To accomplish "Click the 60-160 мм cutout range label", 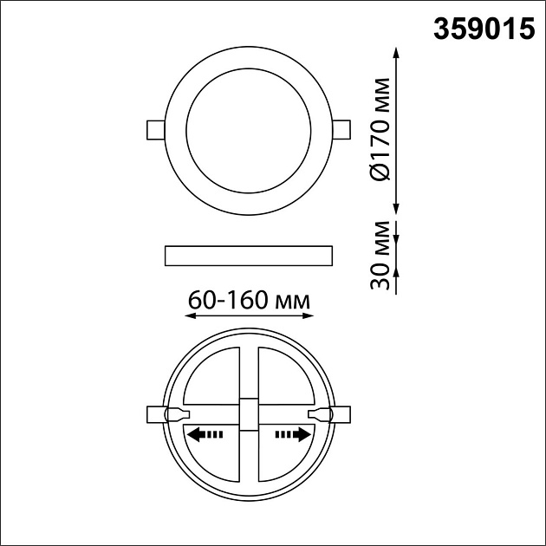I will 249,301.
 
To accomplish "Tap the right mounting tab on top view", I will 341,129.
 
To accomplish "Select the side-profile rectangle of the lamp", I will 248,255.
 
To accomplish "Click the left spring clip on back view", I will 164,415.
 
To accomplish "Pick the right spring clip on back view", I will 333,415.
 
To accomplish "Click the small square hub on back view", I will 249,415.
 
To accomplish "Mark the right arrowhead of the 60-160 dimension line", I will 309,317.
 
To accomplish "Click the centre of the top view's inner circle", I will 249,129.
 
